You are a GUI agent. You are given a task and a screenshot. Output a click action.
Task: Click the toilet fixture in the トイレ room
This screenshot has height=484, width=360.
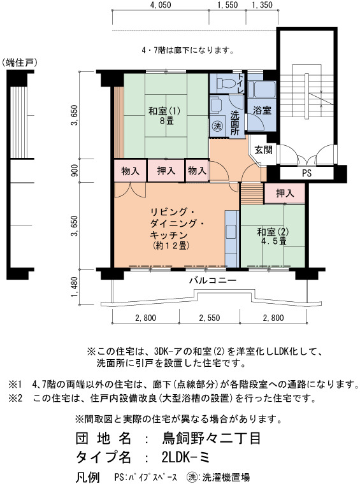[x=224, y=83]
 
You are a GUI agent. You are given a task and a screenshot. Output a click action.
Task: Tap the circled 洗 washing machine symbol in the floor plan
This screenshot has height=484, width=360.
[x=217, y=126]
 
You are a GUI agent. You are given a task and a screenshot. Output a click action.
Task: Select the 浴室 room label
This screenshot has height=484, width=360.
[x=262, y=110]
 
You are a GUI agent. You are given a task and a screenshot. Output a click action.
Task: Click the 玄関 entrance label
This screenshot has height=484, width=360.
[x=263, y=150]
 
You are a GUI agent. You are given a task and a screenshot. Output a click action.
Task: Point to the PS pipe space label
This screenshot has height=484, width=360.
[x=306, y=173]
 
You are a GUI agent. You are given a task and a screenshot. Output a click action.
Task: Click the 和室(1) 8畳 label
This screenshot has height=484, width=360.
[x=164, y=115]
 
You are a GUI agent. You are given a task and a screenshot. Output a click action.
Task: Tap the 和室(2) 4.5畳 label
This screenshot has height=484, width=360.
[x=273, y=236]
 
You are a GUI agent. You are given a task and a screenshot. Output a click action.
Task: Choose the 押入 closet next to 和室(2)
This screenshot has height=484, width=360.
[x=285, y=194]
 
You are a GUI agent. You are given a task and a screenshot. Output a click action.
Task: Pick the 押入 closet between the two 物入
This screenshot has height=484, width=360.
[x=166, y=171]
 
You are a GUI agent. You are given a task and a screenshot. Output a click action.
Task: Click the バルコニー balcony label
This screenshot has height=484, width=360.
[x=213, y=280]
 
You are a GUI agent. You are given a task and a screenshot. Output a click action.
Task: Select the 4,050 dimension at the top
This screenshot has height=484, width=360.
[x=161, y=4]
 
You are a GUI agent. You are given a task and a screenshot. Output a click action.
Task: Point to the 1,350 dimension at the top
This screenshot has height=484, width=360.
[x=262, y=4]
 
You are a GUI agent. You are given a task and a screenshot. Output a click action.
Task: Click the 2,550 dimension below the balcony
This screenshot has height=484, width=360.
[x=210, y=318]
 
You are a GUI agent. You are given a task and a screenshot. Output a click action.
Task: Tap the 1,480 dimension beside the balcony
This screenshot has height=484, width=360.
[x=75, y=287]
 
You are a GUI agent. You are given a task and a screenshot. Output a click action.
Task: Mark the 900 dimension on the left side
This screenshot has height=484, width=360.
[x=75, y=171]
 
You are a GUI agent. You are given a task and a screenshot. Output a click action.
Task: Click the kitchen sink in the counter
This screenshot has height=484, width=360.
[x=231, y=232]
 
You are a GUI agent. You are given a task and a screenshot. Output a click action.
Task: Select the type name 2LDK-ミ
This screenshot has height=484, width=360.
[x=185, y=457]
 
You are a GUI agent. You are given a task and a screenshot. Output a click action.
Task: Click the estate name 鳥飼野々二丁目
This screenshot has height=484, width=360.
[x=211, y=438]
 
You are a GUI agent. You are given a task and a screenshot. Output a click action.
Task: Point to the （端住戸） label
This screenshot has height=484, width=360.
[x=20, y=63]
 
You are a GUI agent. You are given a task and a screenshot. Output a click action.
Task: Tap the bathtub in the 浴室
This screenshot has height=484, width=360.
[x=262, y=89]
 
